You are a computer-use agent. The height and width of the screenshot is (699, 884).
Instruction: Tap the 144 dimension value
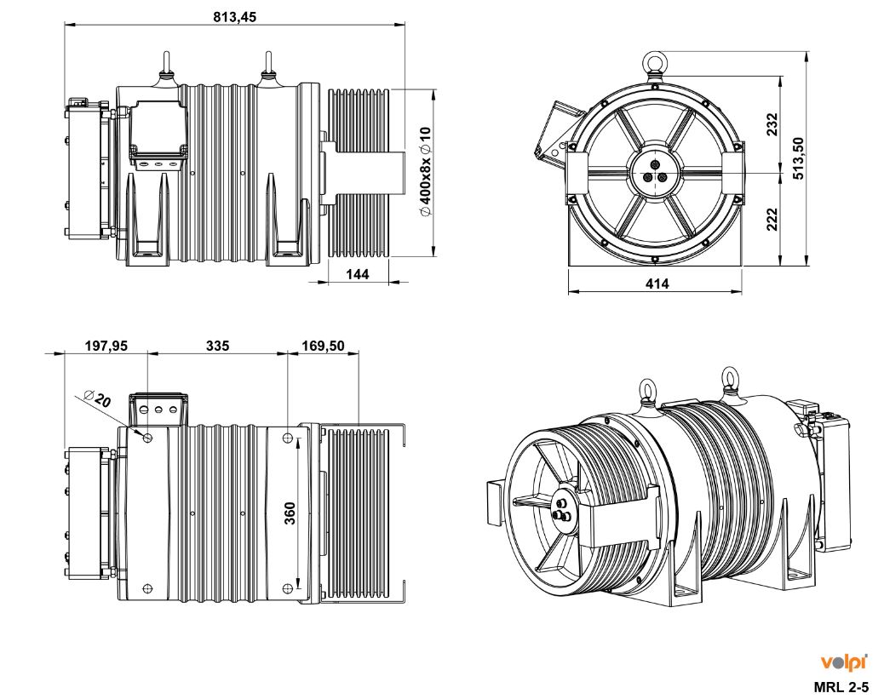pos(359,274)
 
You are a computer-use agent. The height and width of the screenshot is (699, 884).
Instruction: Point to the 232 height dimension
pos(772,124)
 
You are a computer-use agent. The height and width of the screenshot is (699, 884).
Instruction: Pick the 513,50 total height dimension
pos(798,158)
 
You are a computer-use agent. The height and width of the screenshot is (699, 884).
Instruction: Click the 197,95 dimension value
pos(106,346)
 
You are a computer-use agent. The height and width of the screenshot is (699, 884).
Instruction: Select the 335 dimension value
pos(217,346)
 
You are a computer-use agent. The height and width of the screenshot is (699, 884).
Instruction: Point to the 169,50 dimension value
pos(324,346)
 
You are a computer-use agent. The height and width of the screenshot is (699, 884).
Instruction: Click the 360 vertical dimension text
pos(290,513)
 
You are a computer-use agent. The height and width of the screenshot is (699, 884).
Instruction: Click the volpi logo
pos(843,662)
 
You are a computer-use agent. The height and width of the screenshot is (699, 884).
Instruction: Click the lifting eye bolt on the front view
pos(655,63)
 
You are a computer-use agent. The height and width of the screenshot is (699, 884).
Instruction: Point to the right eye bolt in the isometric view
pos(730,376)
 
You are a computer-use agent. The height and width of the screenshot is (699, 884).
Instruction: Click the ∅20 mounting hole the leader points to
pos(148,438)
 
